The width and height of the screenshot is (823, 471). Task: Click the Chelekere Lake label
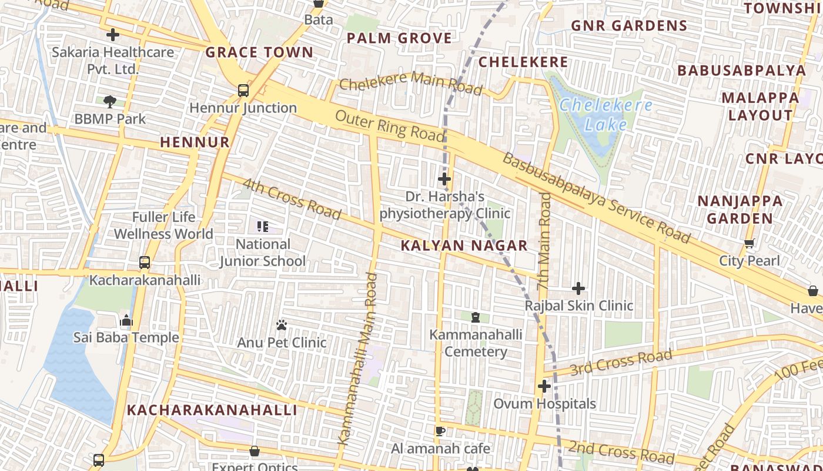tap(605, 114)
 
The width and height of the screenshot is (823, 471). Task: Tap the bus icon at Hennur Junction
tap(243, 91)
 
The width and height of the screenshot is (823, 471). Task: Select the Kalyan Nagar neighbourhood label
tap(464, 246)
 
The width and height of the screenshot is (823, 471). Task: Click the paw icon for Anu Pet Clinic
tap(282, 325)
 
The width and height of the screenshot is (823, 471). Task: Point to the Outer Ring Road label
tap(390, 125)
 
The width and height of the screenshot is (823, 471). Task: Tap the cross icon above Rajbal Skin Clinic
tap(578, 288)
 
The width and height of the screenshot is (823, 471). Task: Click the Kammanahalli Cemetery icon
tap(476, 318)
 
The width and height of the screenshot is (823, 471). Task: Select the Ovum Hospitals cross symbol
tap(544, 386)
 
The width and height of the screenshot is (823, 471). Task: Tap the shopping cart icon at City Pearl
tap(750, 244)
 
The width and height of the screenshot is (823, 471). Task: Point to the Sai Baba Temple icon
tap(126, 321)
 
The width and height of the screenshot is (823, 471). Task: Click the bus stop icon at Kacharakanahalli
tap(145, 263)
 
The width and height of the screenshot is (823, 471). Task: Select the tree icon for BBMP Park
tap(109, 102)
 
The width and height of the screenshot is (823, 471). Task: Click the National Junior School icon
tap(263, 227)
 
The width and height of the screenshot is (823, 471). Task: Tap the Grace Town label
tap(259, 52)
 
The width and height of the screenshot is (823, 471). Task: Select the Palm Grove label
tap(399, 38)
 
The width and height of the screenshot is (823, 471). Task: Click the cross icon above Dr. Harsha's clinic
tap(444, 178)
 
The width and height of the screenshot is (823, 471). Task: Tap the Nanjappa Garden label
tap(740, 210)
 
